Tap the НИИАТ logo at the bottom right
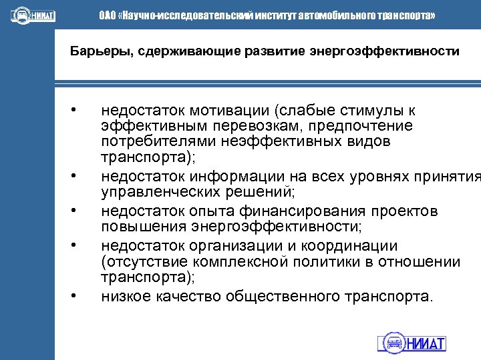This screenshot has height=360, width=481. tap(412, 343)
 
